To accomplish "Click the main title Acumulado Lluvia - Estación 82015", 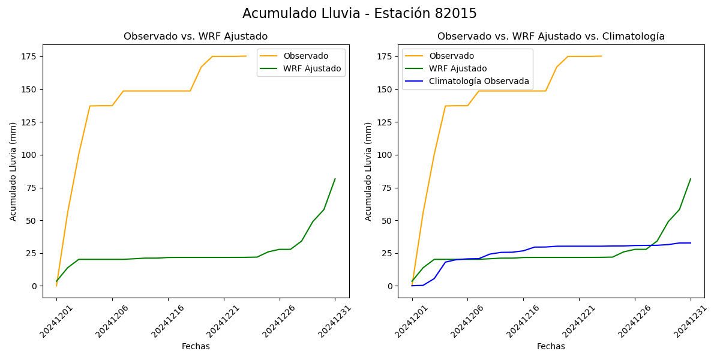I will (x=359, y=14).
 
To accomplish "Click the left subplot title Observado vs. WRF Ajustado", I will (x=196, y=37).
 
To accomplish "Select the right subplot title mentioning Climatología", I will (x=551, y=37).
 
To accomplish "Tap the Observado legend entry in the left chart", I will (x=305, y=56).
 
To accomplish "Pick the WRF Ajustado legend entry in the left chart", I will (x=312, y=68).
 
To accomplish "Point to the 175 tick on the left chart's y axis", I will (x=28, y=56).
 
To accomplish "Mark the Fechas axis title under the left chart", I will (x=196, y=346).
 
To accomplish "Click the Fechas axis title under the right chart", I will (x=551, y=346).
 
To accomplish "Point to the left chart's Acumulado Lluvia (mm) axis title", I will (x=13, y=171).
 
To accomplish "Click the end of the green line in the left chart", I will (x=335, y=179).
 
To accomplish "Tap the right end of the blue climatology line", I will (x=691, y=243).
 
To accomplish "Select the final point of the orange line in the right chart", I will (x=601, y=56).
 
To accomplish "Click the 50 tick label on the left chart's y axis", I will (x=31, y=220).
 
